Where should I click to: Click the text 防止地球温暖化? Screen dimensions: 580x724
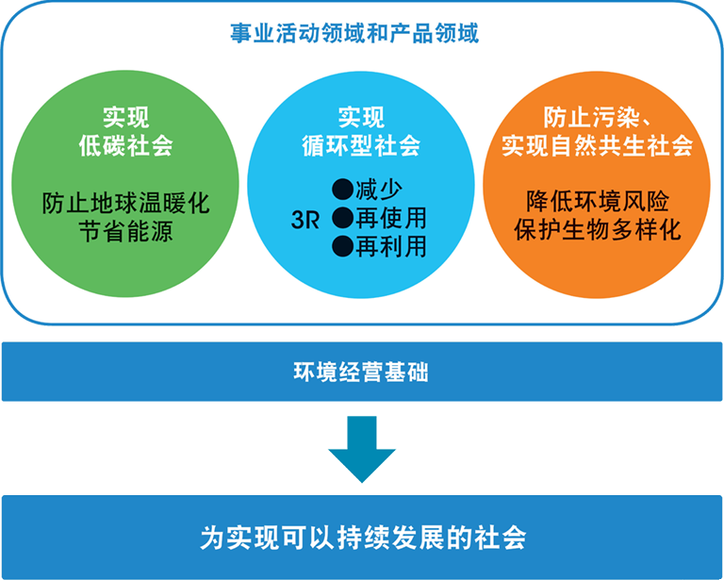(x=126, y=203)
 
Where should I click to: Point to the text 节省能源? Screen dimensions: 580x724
(x=126, y=232)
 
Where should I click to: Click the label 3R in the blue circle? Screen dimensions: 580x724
(x=306, y=220)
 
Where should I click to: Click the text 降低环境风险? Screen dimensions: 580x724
(x=597, y=201)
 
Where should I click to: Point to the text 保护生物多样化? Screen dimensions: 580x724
(x=597, y=230)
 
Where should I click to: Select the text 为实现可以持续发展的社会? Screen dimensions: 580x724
(x=362, y=537)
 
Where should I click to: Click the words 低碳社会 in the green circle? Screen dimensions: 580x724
(x=126, y=146)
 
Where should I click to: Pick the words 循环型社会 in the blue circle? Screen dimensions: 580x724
(x=362, y=146)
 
